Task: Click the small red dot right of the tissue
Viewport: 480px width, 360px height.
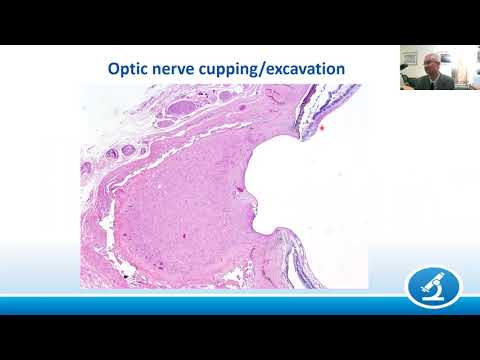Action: point(323,128)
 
